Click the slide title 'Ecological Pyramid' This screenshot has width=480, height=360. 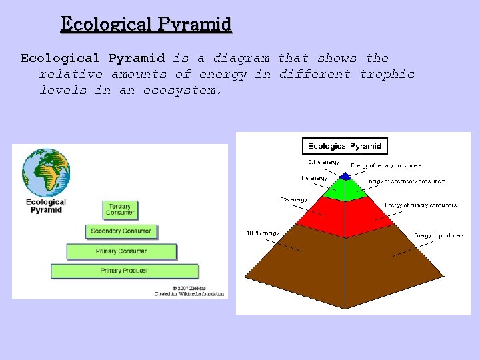[x=146, y=25]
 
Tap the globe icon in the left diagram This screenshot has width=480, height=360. [x=46, y=172]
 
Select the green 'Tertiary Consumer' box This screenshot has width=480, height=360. [x=120, y=209]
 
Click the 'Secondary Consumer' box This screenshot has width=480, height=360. [x=121, y=231]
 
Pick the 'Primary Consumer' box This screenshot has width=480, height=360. [x=121, y=251]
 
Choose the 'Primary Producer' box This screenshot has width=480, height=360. [x=125, y=271]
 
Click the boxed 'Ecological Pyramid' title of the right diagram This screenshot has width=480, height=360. [x=344, y=146]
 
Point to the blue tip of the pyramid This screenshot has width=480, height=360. [x=345, y=177]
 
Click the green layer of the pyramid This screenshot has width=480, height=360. [x=345, y=189]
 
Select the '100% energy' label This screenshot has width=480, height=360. [x=263, y=233]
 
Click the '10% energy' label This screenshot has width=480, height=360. [x=292, y=199]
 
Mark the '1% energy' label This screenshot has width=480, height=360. [x=313, y=178]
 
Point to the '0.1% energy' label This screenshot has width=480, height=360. [x=323, y=162]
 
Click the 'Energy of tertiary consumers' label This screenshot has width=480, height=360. [x=386, y=165]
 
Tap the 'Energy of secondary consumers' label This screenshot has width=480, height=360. [x=405, y=181]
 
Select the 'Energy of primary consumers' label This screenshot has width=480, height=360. [x=421, y=205]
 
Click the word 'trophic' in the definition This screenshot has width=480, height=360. [x=387, y=74]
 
